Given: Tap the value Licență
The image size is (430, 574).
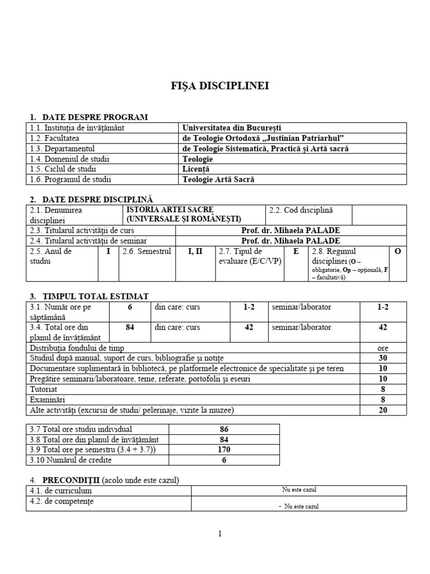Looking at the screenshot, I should click(195, 169).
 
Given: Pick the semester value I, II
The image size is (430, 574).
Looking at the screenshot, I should click(195, 252).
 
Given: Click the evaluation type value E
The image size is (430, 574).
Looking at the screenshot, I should click(296, 252).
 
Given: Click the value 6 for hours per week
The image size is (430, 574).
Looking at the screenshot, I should click(130, 307).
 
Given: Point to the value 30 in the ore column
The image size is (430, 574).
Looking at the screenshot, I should click(383, 358).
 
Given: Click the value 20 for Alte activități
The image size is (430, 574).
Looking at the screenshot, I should click(383, 410).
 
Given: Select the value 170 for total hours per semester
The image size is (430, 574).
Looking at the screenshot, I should click(224, 450).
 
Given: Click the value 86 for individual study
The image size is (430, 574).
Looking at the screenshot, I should click(224, 429).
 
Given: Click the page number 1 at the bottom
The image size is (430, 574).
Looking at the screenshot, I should click(220, 534).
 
